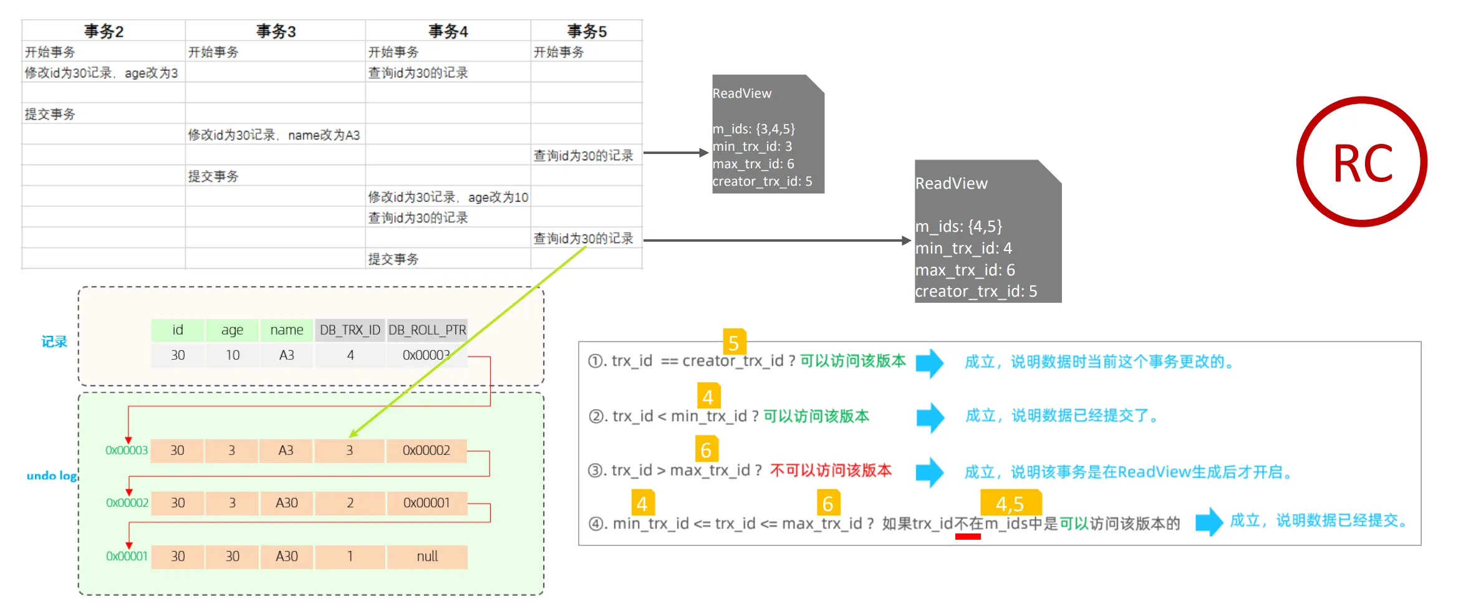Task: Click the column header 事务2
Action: tap(104, 31)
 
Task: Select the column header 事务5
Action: tap(586, 31)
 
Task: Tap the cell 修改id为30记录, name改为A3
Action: tap(274, 135)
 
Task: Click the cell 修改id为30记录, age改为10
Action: tap(448, 197)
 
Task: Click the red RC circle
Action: tap(1362, 162)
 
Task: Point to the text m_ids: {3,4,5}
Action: tap(753, 129)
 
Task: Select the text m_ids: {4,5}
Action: tap(958, 226)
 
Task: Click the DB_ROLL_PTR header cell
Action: tap(427, 330)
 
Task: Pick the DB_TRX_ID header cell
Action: tap(350, 330)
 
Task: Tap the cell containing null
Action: tap(427, 556)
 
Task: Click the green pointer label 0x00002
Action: tap(127, 503)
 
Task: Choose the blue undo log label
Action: tap(52, 476)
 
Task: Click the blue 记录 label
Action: tap(54, 342)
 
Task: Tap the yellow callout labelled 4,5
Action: tap(1010, 503)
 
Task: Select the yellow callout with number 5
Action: tap(734, 342)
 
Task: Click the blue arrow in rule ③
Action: tap(930, 472)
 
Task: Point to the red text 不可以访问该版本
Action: tap(831, 471)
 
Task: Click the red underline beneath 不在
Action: tap(968, 537)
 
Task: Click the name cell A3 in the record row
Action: tap(286, 355)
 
